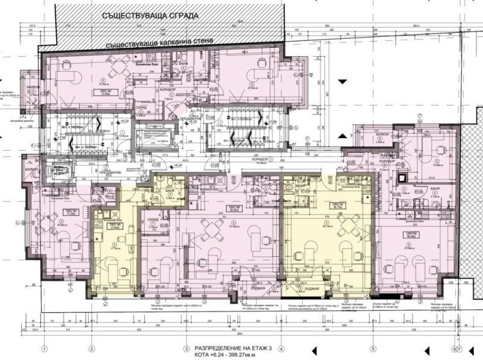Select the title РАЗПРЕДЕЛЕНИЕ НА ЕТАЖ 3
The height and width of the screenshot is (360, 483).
pyautogui.click(x=232, y=349)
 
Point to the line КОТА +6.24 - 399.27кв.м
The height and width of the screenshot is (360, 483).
pyautogui.click(x=229, y=355)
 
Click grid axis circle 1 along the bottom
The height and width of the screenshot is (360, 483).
pyautogui.click(x=44, y=349)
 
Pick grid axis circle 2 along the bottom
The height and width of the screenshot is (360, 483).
pyautogui.click(x=91, y=349)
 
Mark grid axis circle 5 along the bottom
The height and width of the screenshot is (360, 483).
pyautogui.click(x=374, y=349)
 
